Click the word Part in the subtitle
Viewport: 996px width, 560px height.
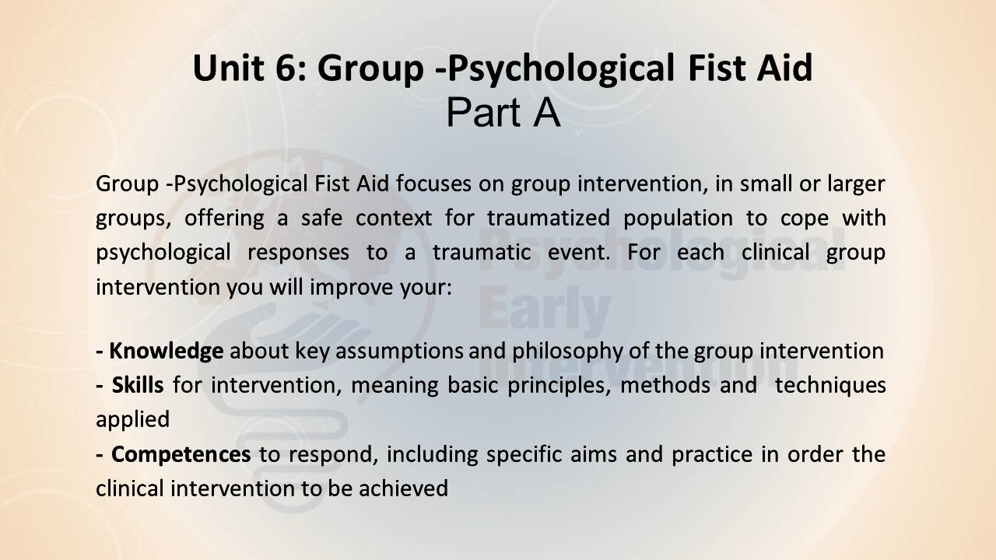[x=483, y=113]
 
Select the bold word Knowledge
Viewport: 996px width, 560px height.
[x=167, y=351]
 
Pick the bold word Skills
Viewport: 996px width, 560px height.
[x=138, y=384]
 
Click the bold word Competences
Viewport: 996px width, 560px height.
[x=181, y=454]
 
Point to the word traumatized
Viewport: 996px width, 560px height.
[x=549, y=218]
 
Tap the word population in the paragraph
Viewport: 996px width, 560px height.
[x=678, y=219]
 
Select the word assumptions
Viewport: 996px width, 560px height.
[x=399, y=352]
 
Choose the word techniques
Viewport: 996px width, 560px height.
[x=830, y=385]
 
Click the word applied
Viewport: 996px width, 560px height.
[x=132, y=420]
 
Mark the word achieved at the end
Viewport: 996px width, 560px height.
[x=403, y=488]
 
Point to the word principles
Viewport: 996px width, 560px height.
[x=559, y=385]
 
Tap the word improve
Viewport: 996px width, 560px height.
[x=351, y=288]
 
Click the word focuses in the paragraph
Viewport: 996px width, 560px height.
[x=433, y=184]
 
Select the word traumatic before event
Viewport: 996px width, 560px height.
[x=482, y=253]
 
